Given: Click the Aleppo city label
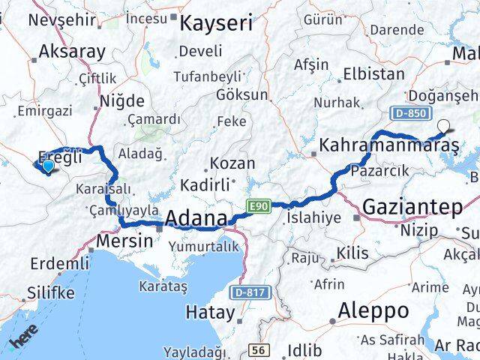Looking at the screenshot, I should tap(373, 310).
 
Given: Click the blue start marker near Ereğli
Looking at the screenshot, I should tap(49, 166).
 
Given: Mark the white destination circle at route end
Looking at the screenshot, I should tap(445, 127).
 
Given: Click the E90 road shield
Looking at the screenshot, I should tap(255, 204).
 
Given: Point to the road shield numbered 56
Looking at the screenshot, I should tap(259, 349).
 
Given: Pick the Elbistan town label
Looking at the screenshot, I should tap(373, 74).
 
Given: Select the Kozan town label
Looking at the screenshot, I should tap(232, 163).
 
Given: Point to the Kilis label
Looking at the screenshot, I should tap(352, 253).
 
